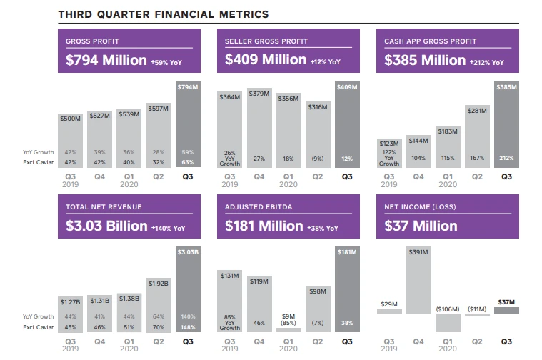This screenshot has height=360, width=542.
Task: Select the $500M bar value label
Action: click(x=71, y=119)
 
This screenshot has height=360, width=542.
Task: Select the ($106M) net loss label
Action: click(x=448, y=309)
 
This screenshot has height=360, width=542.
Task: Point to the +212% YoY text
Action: click(x=488, y=62)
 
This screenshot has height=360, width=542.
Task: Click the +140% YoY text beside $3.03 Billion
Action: click(x=168, y=228)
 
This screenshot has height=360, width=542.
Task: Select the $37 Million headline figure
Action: click(x=421, y=226)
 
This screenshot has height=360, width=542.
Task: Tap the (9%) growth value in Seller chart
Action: click(x=318, y=159)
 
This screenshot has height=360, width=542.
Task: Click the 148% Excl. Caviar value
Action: click(x=189, y=327)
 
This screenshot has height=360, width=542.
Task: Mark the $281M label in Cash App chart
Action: click(x=477, y=110)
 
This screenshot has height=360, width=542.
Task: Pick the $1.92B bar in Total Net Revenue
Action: click(x=159, y=282)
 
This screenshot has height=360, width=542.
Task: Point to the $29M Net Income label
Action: click(x=389, y=304)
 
